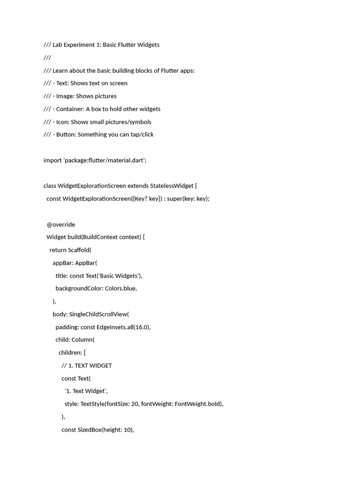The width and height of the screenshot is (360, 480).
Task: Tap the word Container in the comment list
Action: coord(70,109)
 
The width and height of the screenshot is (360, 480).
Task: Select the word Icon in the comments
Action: coord(62,122)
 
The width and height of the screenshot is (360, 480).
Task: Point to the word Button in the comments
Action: coord(66,135)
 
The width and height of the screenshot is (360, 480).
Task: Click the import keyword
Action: coord(52,160)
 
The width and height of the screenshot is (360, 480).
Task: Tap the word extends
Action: coord(138,186)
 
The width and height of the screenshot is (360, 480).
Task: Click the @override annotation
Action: coord(60,225)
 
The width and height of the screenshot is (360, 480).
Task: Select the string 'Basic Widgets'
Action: coord(119,276)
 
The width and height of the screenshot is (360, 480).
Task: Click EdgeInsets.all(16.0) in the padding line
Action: coord(123,327)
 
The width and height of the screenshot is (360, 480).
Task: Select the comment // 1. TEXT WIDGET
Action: coord(86,366)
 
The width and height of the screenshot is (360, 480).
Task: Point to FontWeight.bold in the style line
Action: coord(198,404)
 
